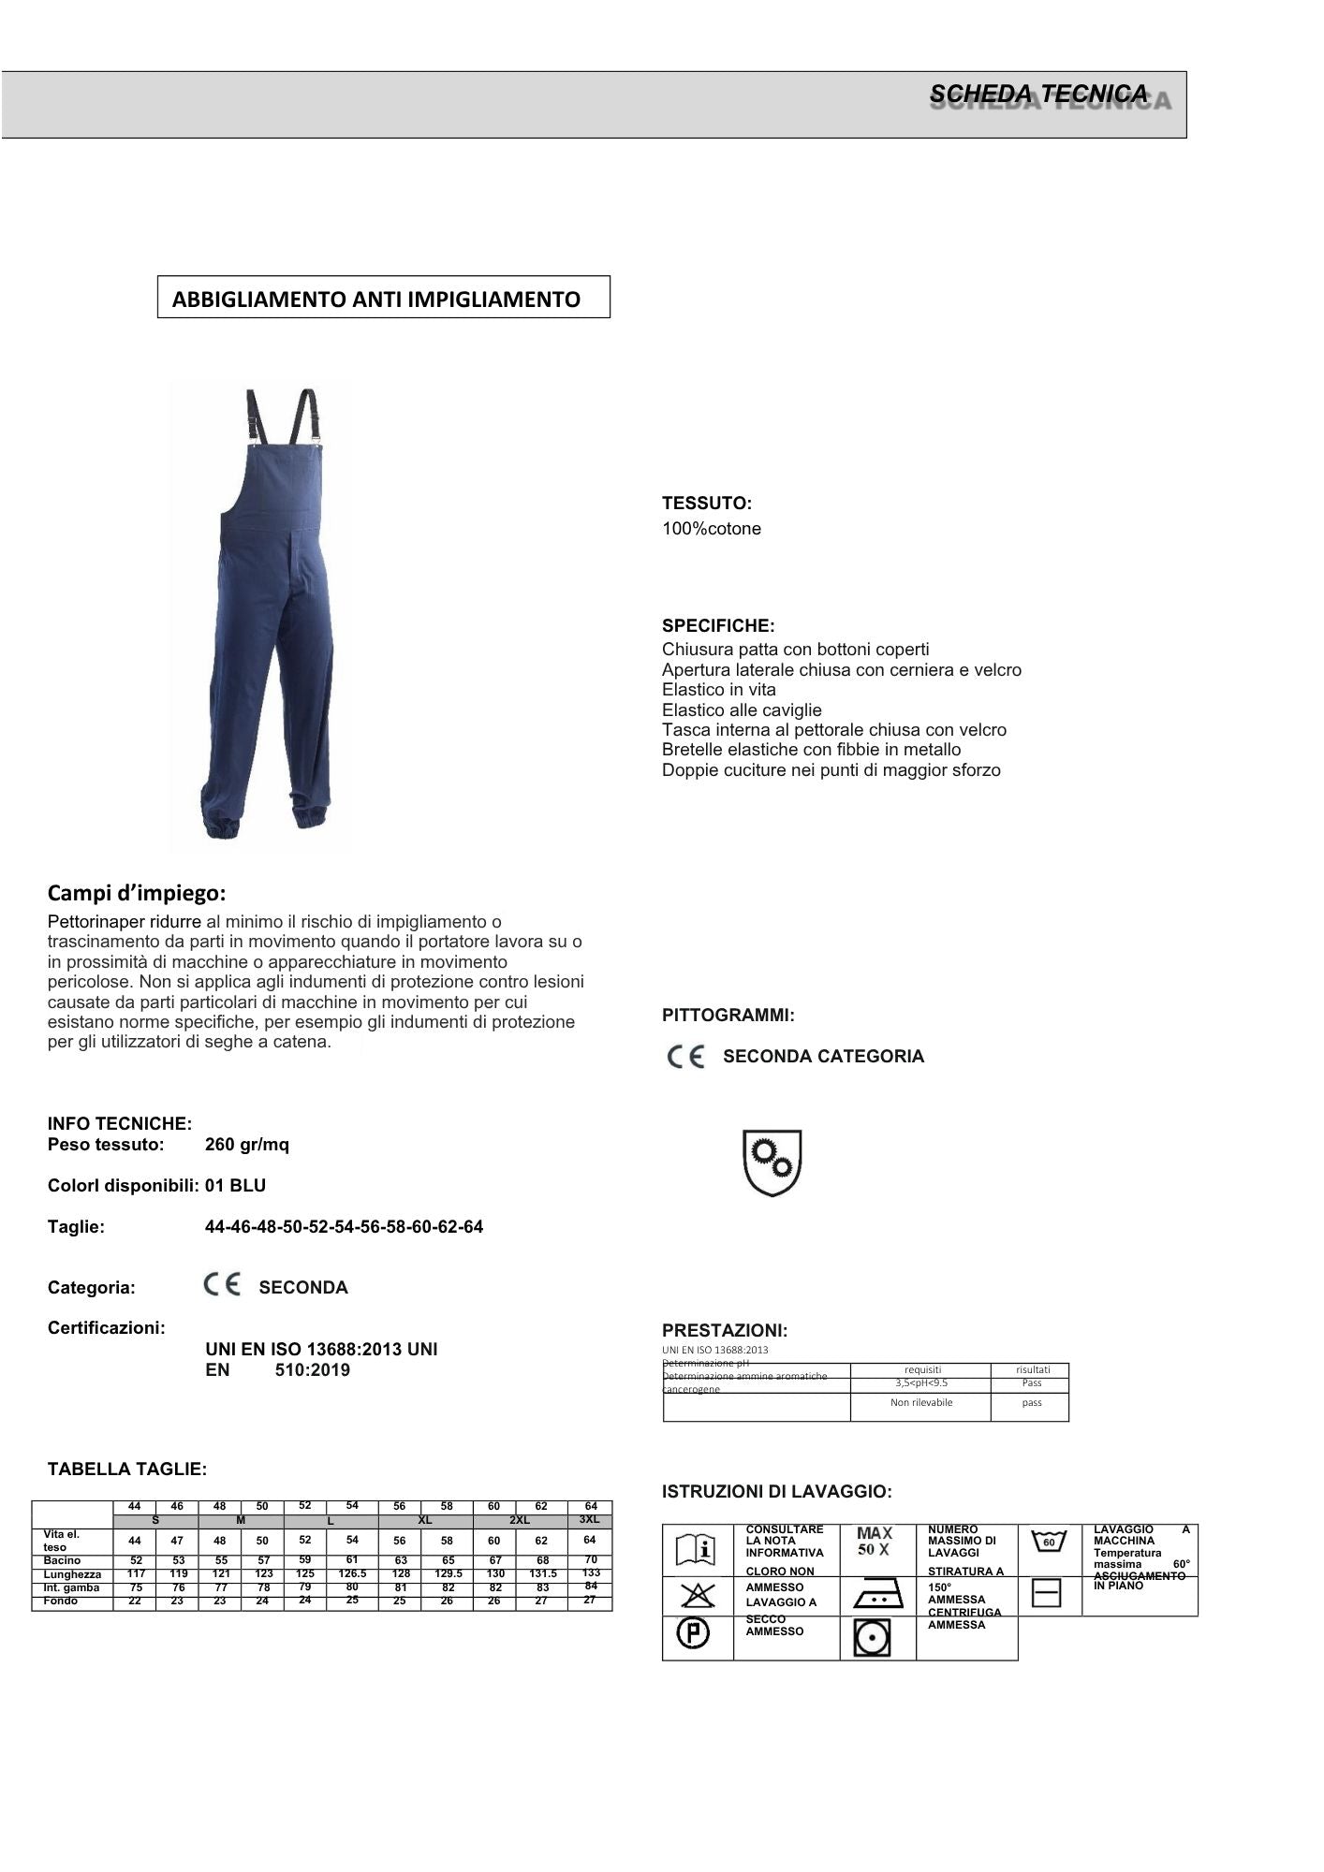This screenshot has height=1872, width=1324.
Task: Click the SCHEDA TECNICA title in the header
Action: [x=1037, y=94]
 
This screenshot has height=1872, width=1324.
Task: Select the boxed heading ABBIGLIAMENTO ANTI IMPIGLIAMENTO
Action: [x=376, y=300]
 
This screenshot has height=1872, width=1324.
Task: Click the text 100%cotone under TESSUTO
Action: [x=712, y=529]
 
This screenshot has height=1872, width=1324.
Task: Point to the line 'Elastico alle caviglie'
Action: [x=742, y=710]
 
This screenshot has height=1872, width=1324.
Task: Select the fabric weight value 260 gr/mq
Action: [x=247, y=1145]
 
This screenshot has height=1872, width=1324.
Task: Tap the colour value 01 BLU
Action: [x=235, y=1186]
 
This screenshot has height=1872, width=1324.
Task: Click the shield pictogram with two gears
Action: [x=772, y=1163]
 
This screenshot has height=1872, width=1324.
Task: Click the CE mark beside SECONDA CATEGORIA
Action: [x=686, y=1058]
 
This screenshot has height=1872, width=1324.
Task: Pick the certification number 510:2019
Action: [x=313, y=1370]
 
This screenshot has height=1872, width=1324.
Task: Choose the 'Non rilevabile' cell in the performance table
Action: [x=921, y=1403]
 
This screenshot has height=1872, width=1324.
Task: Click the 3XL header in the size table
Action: [x=589, y=1519]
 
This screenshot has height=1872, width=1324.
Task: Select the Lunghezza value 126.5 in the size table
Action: [x=352, y=1574]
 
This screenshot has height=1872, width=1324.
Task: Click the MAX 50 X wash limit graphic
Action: [x=875, y=1541]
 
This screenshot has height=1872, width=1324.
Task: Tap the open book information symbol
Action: [x=697, y=1550]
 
